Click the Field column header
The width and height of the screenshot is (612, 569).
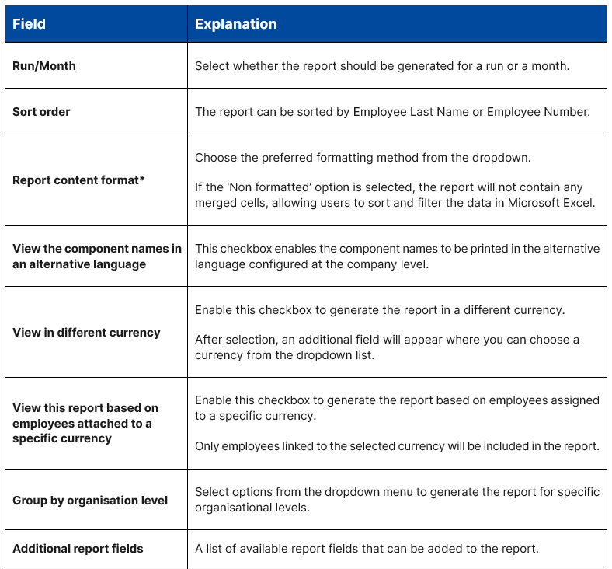click(29, 24)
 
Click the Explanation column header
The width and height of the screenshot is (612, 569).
click(235, 24)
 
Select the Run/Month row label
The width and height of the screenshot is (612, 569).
click(44, 66)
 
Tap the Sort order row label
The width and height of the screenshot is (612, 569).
click(41, 112)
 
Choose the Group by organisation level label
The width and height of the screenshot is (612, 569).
click(90, 501)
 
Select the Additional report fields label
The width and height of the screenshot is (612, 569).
click(78, 549)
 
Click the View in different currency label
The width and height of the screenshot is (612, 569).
click(86, 333)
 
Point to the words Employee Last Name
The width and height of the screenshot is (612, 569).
click(411, 112)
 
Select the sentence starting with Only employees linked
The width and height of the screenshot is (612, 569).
click(397, 446)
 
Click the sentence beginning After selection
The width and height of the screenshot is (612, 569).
click(387, 347)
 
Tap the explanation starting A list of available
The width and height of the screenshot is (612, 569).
click(367, 549)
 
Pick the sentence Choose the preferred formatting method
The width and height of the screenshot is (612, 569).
click(363, 158)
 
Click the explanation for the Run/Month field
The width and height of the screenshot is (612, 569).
click(382, 66)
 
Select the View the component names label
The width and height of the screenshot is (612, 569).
click(97, 257)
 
